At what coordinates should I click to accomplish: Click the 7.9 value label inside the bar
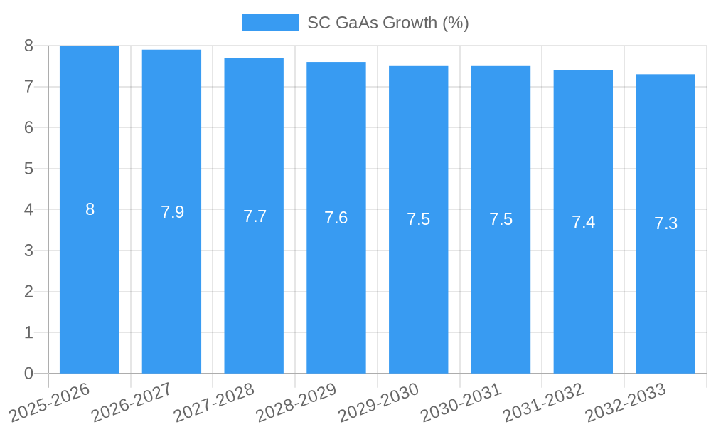click(172, 212)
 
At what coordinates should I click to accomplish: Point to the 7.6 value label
click(336, 218)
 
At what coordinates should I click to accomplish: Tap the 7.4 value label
click(583, 222)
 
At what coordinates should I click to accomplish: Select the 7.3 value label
click(665, 223)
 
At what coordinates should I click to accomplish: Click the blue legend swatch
click(269, 23)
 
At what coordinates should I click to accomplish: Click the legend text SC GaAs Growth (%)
click(387, 23)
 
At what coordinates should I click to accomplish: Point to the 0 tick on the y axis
click(28, 374)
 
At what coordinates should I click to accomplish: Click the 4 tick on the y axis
click(28, 210)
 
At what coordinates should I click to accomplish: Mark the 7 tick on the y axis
click(28, 87)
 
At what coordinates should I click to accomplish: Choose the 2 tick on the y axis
click(28, 292)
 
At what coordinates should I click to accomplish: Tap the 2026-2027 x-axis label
click(131, 402)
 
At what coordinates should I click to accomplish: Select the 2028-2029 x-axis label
click(296, 402)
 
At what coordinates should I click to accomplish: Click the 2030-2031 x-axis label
click(461, 402)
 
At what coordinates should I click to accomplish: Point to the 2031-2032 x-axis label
click(543, 402)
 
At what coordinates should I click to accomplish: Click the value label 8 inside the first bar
click(90, 209)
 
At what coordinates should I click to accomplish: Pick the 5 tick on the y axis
click(28, 169)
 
